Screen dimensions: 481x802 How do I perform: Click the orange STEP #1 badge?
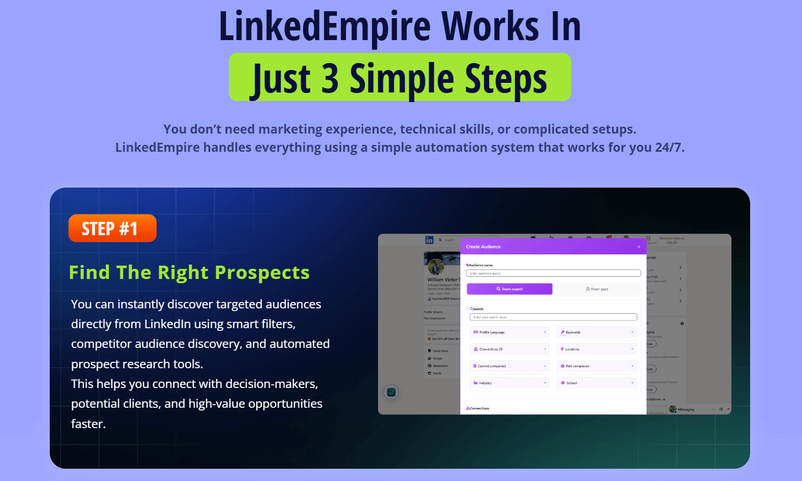(x=112, y=228)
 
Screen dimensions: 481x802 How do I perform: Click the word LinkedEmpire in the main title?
(x=325, y=26)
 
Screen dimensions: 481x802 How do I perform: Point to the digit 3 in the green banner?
(x=330, y=79)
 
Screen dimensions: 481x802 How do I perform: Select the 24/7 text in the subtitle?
(x=669, y=148)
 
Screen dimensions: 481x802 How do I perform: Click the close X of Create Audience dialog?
(x=638, y=247)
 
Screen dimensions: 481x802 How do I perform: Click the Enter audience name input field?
(x=553, y=273)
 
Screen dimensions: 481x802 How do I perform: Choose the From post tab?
(x=597, y=289)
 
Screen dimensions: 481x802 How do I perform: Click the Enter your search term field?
(x=553, y=317)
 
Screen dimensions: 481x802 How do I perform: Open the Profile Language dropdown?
(x=510, y=332)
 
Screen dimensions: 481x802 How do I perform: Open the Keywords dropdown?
(x=597, y=332)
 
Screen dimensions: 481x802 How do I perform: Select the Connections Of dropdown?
(x=510, y=349)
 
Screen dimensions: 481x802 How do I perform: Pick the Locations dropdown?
(x=597, y=349)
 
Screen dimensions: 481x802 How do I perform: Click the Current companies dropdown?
(x=510, y=366)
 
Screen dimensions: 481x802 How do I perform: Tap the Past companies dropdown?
(x=597, y=366)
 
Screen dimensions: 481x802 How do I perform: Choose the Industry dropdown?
(x=510, y=383)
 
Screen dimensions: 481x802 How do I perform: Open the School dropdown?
(x=597, y=383)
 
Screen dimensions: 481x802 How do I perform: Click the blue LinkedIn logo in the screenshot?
(x=429, y=240)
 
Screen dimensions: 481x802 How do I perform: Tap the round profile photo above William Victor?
(x=436, y=266)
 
